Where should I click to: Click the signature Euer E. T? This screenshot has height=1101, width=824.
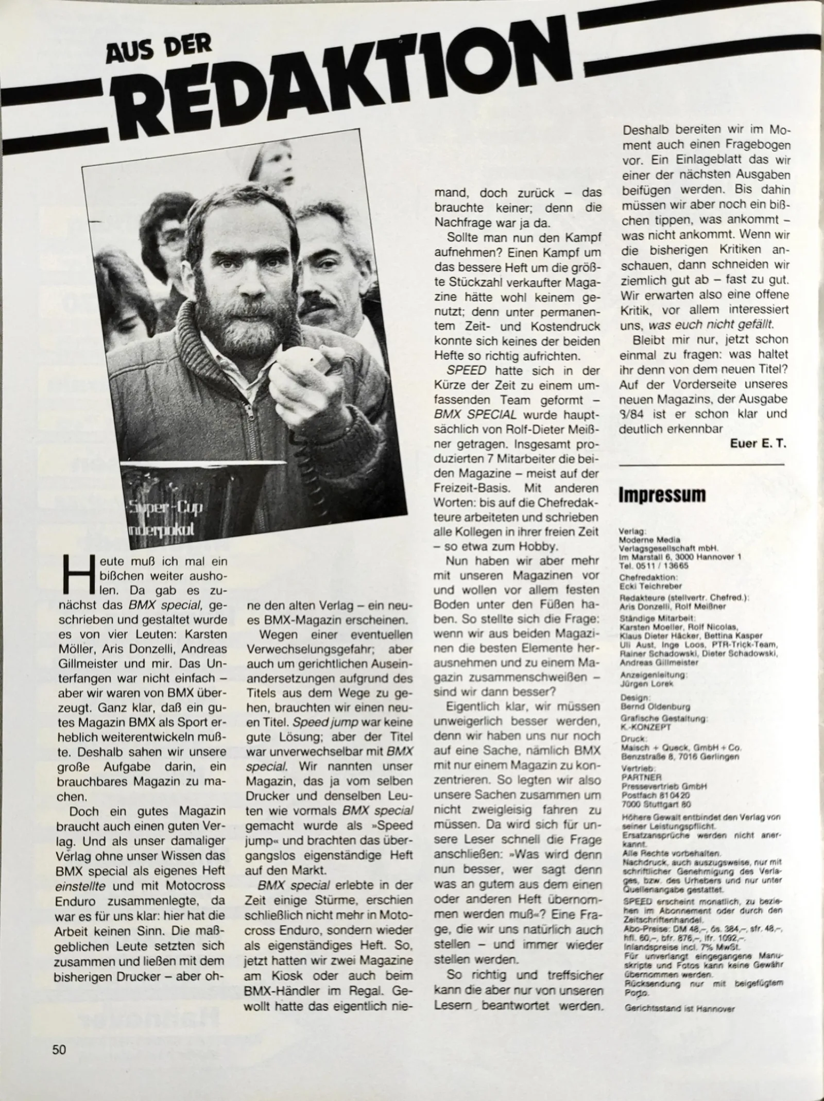(x=759, y=443)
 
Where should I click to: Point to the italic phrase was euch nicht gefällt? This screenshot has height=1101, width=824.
(x=711, y=325)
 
